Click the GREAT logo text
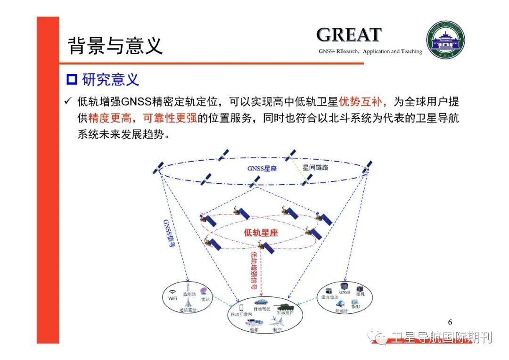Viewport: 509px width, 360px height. click(348, 35)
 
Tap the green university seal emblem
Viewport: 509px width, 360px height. click(445, 40)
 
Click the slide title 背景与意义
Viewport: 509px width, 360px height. click(115, 46)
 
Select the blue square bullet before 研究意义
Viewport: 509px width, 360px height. click(72, 79)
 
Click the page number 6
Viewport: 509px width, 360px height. click(450, 322)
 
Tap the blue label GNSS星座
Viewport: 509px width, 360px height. click(262, 168)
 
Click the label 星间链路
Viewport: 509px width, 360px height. click(315, 167)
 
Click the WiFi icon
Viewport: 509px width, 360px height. click(172, 292)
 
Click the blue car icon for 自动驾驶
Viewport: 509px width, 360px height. click(261, 302)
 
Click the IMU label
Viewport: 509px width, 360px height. click(355, 307)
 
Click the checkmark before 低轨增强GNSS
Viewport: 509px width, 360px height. click(68, 101)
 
